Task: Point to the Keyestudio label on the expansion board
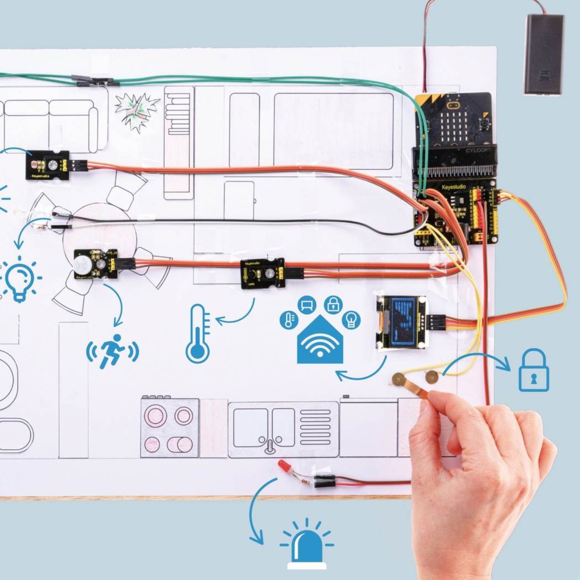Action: [453, 187]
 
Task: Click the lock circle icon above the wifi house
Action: [333, 305]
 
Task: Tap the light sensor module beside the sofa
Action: [48, 165]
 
